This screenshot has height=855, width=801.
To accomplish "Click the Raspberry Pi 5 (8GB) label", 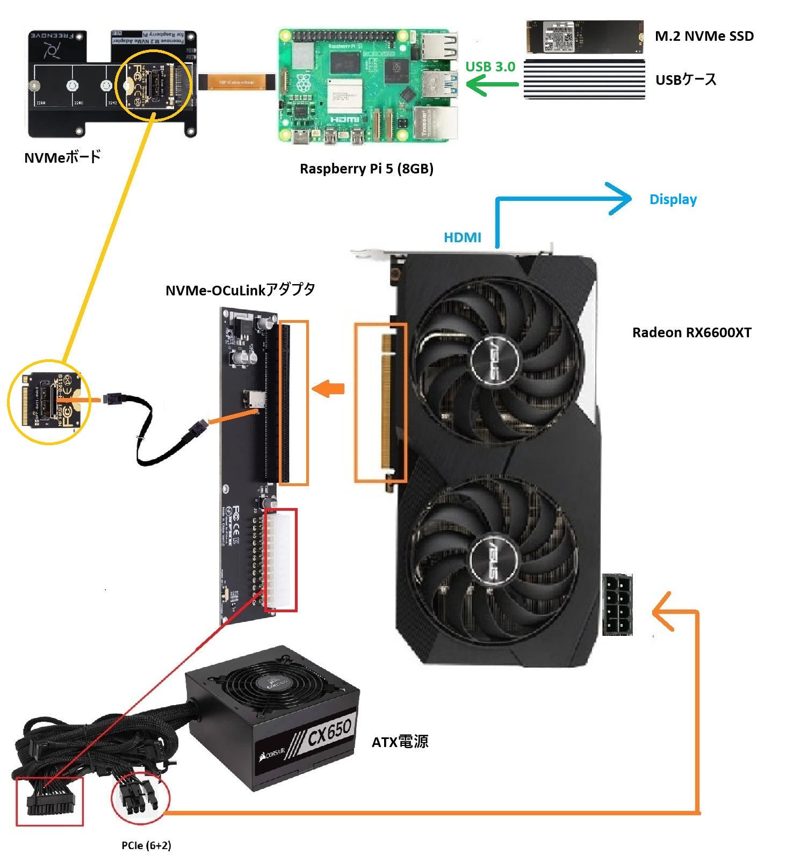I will pyautogui.click(x=366, y=169).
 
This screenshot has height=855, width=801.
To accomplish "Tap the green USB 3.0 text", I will pyautogui.click(x=490, y=67).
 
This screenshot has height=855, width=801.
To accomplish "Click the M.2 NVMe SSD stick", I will pyautogui.click(x=584, y=37).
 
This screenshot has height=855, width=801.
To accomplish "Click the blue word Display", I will pyautogui.click(x=673, y=199).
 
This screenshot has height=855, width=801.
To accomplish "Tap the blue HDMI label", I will pyautogui.click(x=462, y=237).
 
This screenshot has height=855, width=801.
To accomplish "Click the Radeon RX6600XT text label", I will pyautogui.click(x=691, y=332).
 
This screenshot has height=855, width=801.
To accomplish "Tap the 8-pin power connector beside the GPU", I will pyautogui.click(x=617, y=605).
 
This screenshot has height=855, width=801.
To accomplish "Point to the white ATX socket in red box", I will pyautogui.click(x=280, y=560).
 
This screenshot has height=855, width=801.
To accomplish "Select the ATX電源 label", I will pyautogui.click(x=400, y=742).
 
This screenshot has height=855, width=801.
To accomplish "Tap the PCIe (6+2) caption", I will pyautogui.click(x=146, y=845).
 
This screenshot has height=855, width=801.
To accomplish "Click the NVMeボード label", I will pyautogui.click(x=62, y=157).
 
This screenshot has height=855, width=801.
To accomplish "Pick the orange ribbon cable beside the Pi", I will pyautogui.click(x=237, y=82).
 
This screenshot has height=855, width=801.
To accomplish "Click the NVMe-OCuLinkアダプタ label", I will pyautogui.click(x=240, y=290).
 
